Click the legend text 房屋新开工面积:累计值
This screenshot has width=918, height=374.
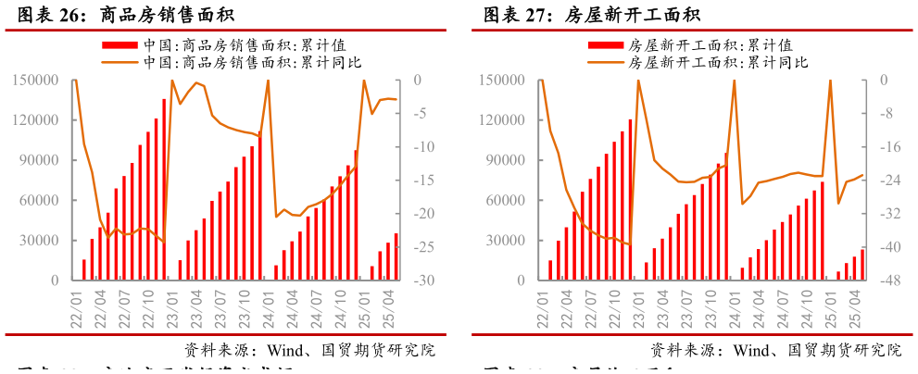coord(710,44)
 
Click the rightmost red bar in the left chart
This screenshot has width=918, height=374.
coord(396,256)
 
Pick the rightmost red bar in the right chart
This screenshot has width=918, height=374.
coord(862,265)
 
